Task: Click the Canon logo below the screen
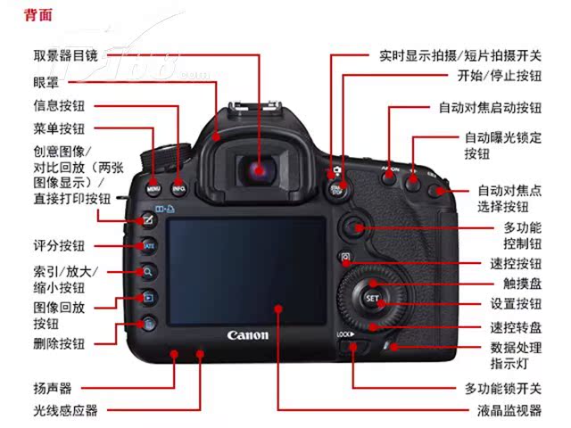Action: pos(247,336)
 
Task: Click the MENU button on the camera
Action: pos(153,189)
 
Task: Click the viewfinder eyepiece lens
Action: pos(259,169)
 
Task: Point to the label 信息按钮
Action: pos(59,105)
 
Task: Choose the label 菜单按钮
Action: pos(59,129)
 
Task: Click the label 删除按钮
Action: pos(59,342)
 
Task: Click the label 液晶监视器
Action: pos(509,411)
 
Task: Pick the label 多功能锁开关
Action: pos(502,389)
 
